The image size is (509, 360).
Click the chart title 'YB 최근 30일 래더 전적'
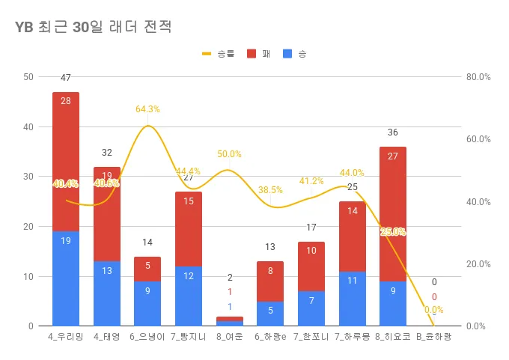coord(94,28)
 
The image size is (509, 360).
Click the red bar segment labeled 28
coord(66,162)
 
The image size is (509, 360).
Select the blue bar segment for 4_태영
coord(107,293)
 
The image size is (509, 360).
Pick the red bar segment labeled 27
coord(393,214)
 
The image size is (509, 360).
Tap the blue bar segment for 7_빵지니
coord(189,296)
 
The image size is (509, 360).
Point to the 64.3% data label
coord(147,109)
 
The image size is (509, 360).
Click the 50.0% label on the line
coord(229,154)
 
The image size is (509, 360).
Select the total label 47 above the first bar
coord(66,78)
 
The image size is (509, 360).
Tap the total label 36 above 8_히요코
coord(393,132)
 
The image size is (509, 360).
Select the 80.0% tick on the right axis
coord(478,77)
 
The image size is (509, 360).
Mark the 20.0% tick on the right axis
coord(478,264)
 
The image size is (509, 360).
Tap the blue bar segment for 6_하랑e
coord(270,314)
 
